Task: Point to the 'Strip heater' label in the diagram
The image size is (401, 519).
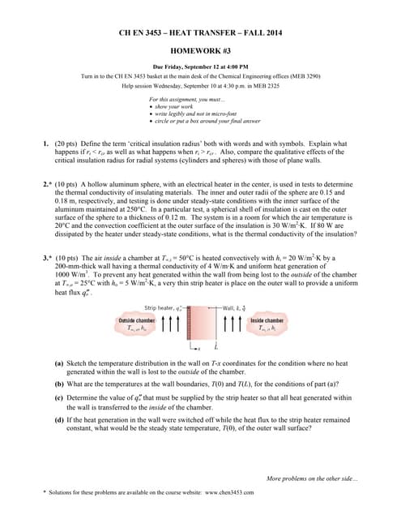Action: [163, 308]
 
